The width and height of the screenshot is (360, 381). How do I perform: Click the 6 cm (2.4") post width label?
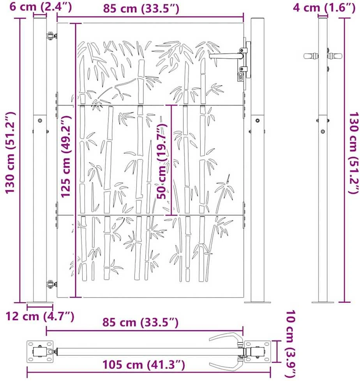[41, 7]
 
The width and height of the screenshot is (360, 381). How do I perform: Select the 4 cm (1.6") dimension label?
[324, 7]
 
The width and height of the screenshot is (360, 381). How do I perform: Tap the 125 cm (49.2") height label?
[66, 156]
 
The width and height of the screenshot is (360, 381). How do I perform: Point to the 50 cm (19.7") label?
[162, 161]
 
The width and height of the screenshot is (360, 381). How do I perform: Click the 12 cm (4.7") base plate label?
[40, 316]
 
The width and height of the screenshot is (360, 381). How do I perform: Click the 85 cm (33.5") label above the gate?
[141, 8]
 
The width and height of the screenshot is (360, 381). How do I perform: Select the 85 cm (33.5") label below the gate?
[140, 322]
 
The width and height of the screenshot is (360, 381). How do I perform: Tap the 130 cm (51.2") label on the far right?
[354, 153]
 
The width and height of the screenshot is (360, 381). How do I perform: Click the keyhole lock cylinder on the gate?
[241, 76]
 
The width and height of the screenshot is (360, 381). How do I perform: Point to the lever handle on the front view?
[226, 56]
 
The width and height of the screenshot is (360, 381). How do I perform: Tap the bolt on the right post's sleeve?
[258, 120]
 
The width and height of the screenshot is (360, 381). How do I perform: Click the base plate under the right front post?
[258, 302]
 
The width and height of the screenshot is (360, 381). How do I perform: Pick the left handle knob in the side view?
[311, 56]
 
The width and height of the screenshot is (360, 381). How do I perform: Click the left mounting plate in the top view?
[40, 351]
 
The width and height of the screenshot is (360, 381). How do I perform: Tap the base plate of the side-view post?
[323, 302]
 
